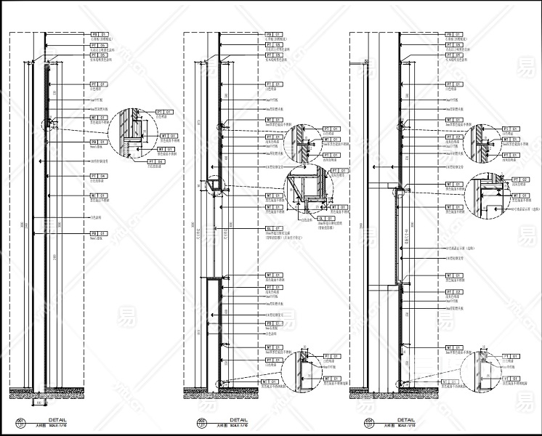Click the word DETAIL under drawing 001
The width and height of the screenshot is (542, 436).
click(x=57, y=420)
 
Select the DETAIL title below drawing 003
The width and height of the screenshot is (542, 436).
click(x=238, y=420)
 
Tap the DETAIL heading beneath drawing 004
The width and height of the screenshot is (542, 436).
click(x=404, y=420)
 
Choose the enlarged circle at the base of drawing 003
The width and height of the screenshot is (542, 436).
click(x=302, y=366)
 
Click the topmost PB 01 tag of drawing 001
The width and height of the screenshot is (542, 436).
click(x=99, y=34)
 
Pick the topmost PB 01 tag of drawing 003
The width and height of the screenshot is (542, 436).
click(x=275, y=34)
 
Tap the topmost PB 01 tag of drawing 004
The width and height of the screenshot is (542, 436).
click(x=454, y=34)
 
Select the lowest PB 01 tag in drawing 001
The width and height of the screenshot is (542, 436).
click(x=99, y=233)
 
